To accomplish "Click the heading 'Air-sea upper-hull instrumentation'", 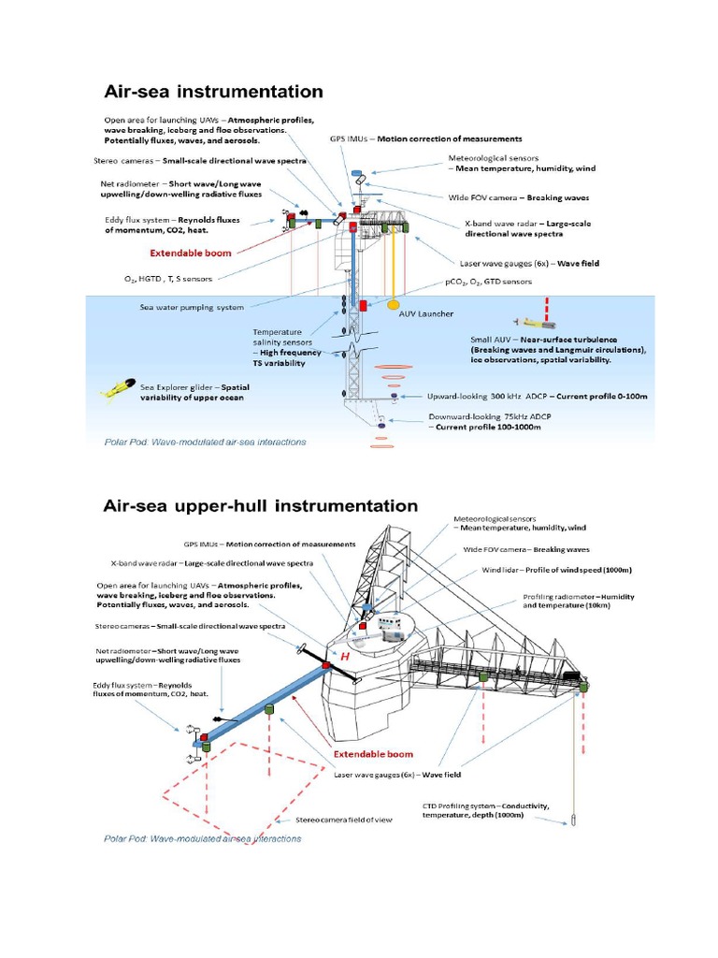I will tap(259, 505).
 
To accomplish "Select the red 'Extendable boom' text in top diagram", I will tap(193, 253).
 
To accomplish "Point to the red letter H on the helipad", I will tap(345, 658).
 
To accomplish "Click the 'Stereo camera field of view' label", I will tap(344, 819).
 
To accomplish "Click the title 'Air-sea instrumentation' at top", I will tap(212, 92).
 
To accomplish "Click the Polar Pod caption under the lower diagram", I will tap(201, 839).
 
